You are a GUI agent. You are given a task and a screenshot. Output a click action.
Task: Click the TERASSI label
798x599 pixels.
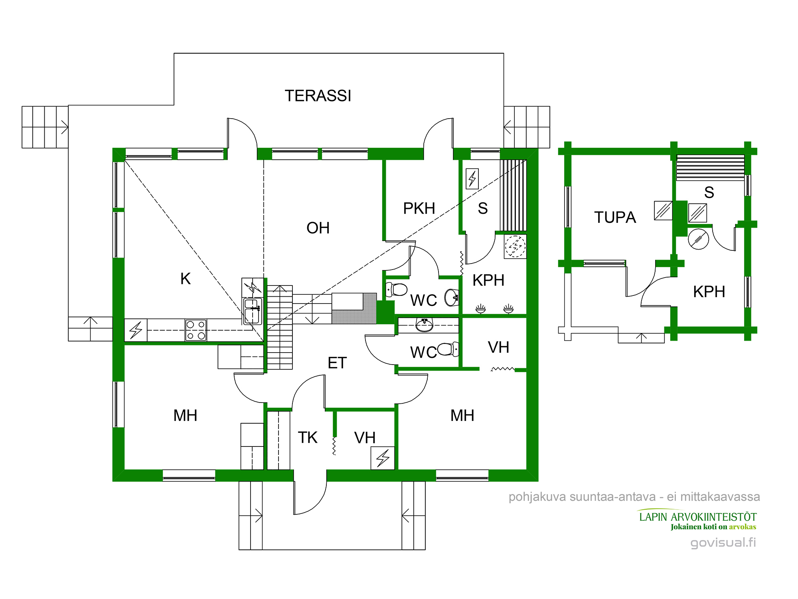[x=318, y=96]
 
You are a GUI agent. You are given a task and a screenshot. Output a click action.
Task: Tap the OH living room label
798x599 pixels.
[x=318, y=228]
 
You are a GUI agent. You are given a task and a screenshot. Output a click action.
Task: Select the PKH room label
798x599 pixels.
[x=419, y=208]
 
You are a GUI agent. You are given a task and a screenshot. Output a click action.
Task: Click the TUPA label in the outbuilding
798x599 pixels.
[x=615, y=218]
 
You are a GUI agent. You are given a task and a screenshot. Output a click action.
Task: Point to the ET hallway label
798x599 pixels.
[x=337, y=363]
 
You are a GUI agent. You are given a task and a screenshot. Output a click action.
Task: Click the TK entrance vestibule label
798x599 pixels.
[x=308, y=438]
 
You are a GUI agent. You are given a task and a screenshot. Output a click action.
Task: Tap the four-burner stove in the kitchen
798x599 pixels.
[x=196, y=330]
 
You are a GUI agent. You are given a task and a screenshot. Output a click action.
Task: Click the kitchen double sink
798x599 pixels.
[x=253, y=311]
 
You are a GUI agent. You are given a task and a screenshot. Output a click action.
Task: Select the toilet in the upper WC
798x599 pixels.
[x=397, y=289]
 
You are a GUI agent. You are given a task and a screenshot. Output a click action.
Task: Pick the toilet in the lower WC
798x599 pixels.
[x=447, y=349]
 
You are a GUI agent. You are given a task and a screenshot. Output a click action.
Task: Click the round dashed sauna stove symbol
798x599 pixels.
[x=515, y=246]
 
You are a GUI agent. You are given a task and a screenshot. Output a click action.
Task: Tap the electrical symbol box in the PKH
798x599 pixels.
[x=472, y=179]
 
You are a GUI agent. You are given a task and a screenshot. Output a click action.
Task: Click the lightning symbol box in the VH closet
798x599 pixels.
[x=383, y=458]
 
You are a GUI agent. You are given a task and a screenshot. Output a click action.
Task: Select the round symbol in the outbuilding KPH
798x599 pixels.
[x=698, y=239]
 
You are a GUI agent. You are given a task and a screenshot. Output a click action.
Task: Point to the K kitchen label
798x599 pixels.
[x=186, y=279]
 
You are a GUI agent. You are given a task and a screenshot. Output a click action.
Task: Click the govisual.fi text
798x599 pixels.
[x=723, y=542]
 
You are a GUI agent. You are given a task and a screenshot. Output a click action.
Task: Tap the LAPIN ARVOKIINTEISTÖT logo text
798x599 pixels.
[x=697, y=517]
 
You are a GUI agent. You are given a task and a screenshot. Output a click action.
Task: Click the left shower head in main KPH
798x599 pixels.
[x=481, y=309]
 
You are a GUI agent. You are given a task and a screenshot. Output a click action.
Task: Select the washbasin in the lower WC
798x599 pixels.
[x=424, y=325]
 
